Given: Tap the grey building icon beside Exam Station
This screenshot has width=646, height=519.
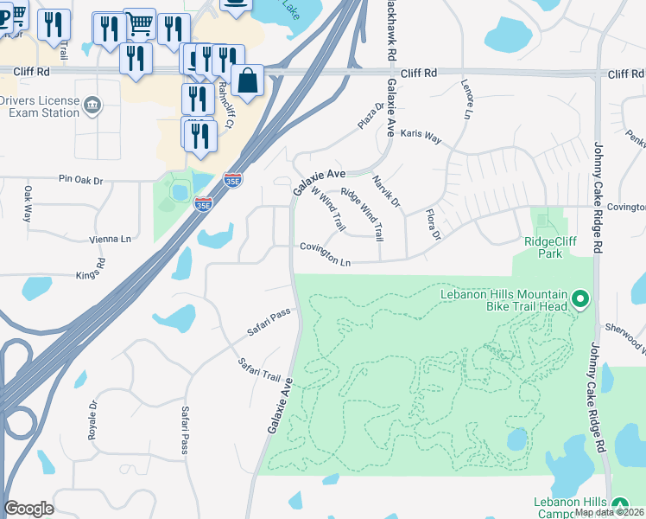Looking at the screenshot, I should tap(92, 107).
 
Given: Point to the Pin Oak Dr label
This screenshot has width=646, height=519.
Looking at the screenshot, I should tap(80, 180).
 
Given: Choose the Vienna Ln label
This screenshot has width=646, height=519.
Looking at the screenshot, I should tap(110, 239).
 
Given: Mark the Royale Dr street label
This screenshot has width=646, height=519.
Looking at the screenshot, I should tap(92, 420).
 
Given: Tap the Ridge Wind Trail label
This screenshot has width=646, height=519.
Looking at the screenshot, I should tap(361, 214).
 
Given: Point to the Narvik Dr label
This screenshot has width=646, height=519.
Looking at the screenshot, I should tap(386, 191).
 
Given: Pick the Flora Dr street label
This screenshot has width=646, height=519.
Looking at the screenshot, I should tap(433, 223).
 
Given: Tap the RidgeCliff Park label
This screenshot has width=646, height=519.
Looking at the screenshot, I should tap(543, 247).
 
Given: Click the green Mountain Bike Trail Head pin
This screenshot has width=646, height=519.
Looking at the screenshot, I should tap(580, 300).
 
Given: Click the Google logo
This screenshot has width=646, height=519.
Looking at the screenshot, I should tap(28, 509).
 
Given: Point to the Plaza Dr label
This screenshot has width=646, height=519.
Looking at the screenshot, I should tap(371, 117).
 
